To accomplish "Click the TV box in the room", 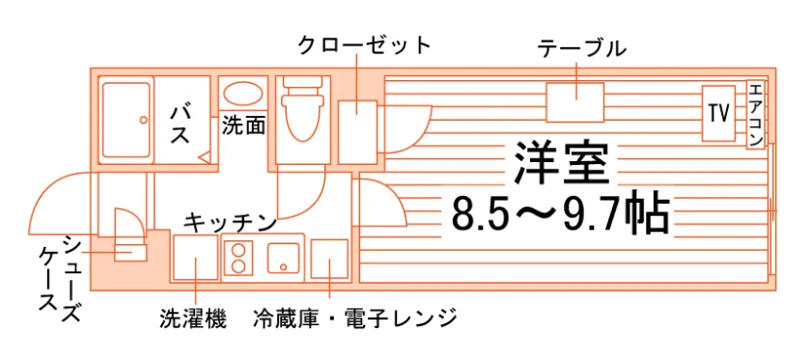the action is [x=718, y=113].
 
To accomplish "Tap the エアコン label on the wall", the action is [x=755, y=114].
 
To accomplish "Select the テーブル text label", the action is [x=581, y=49].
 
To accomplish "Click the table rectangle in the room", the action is [x=575, y=102].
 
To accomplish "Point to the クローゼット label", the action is [x=364, y=45].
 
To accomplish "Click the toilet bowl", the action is [x=302, y=115].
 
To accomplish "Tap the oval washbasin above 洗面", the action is [x=243, y=95].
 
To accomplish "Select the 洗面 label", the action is [x=244, y=125].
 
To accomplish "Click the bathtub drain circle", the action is [x=143, y=120].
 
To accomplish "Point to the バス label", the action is [x=181, y=124].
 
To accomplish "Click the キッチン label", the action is [x=230, y=223].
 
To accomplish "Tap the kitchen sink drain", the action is [x=284, y=267].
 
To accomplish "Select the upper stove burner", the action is [x=238, y=250].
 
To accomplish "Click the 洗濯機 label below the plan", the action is [x=193, y=318].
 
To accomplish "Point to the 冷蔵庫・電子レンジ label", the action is [x=355, y=318].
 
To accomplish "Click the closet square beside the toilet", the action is [x=357, y=132].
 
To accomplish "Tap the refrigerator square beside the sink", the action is [x=329, y=259].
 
